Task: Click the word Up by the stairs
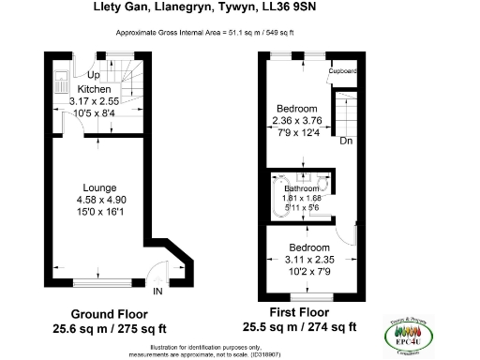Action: (x=93, y=75)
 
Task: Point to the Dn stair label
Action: (x=346, y=142)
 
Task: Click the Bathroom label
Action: (x=302, y=188)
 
